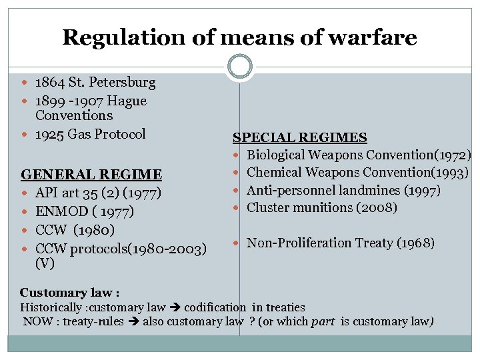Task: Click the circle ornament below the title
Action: point(240,66)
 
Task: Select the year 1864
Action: point(49,83)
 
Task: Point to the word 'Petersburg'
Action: point(123,83)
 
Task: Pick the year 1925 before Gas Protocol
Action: point(49,134)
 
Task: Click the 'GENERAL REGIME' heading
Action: point(91,175)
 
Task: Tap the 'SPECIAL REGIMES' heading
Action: point(299,138)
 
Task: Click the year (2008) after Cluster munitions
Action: point(376,208)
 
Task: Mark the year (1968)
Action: point(415,243)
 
